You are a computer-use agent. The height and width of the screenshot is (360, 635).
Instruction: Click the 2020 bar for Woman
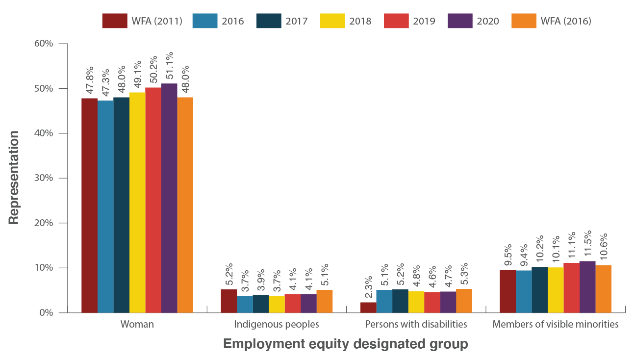coord(169,198)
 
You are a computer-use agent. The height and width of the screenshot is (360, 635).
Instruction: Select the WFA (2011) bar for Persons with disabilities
coord(368,308)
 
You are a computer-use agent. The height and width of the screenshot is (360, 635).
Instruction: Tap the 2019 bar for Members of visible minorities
coord(571,288)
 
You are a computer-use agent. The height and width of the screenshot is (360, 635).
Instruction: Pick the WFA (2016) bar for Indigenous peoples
coord(325,301)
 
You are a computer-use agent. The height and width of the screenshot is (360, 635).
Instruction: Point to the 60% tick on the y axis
coord(43,44)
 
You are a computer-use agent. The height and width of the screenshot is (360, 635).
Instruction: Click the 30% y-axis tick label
coord(43,178)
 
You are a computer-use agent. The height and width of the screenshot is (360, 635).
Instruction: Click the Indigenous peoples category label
coord(277,324)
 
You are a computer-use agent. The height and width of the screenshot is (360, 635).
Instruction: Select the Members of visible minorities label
coord(556,324)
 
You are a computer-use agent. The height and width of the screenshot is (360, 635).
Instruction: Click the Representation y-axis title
coord(14,178)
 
